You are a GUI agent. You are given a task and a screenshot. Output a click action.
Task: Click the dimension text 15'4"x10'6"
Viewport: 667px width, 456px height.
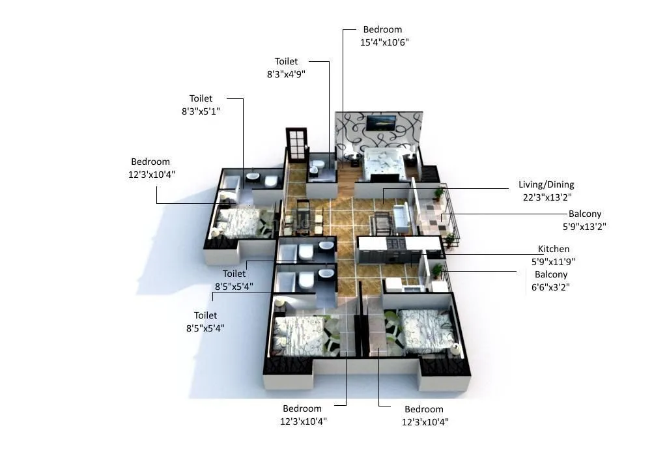[384, 42]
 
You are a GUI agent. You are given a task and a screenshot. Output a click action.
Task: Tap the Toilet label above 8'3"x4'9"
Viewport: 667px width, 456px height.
[286, 61]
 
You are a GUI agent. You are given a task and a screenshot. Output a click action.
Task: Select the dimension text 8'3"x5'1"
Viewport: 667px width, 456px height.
[201, 111]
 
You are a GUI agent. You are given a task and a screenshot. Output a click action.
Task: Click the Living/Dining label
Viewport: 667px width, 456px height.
[546, 184]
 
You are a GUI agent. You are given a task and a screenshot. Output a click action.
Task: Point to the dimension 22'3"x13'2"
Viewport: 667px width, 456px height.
[546, 197]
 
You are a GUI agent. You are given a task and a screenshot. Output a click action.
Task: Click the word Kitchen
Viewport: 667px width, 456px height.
[554, 249]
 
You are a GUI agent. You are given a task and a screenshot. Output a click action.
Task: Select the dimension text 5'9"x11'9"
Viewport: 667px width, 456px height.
[553, 261]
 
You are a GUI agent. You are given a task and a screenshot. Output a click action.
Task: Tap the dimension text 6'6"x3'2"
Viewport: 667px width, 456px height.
[550, 287]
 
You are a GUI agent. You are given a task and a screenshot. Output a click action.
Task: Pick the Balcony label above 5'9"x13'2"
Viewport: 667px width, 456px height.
[584, 214]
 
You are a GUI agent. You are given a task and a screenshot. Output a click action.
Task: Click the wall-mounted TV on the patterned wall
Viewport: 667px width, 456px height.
[380, 122]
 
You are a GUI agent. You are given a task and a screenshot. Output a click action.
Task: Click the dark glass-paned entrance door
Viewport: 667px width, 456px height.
[296, 145]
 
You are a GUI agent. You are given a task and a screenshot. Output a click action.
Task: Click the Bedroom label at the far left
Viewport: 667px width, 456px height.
[150, 162]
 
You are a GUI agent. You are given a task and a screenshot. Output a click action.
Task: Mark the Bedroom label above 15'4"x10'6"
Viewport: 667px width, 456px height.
[382, 29]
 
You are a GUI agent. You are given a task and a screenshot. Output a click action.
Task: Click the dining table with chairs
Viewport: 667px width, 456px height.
[304, 217]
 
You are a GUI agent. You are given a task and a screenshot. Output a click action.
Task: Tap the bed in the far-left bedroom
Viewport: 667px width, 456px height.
[237, 221]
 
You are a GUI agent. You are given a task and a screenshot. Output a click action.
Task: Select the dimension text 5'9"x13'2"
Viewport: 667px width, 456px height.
[584, 227]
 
